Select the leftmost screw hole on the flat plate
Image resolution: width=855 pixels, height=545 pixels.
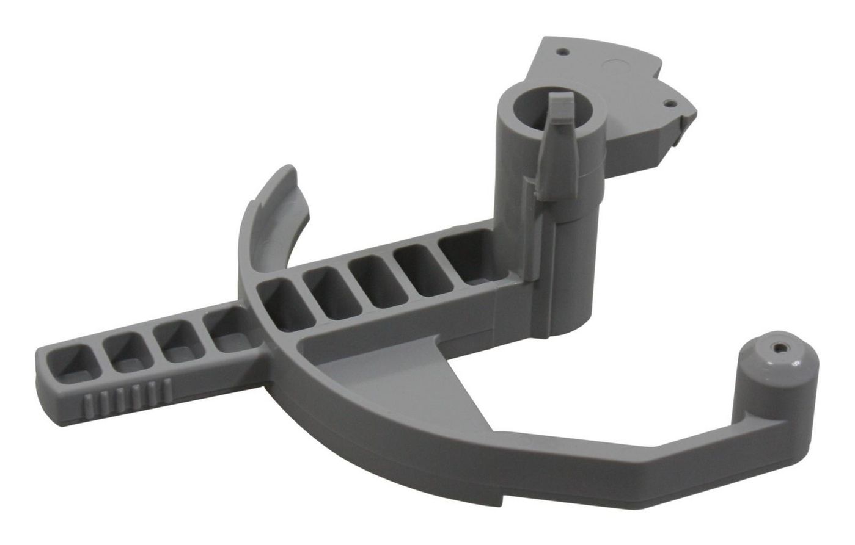click(x=564, y=52)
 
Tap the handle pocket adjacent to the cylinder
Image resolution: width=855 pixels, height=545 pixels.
click(x=468, y=259)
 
